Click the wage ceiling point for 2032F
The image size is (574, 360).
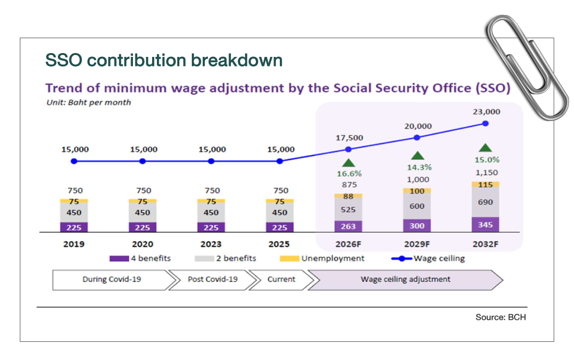click(486, 123)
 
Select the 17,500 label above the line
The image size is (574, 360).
click(348, 138)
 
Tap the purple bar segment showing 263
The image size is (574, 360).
click(348, 226)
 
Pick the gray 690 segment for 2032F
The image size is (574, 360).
click(486, 202)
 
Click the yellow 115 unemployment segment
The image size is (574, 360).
click(486, 185)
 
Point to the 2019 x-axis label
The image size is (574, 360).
click(74, 244)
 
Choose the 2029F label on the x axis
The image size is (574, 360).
click(417, 244)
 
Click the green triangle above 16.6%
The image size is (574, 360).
click(348, 163)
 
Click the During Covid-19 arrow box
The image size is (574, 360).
click(111, 279)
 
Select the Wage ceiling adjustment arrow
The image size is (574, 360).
click(405, 279)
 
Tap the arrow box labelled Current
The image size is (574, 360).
click(281, 279)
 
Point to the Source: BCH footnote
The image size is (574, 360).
click(500, 317)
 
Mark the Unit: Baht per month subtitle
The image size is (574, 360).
click(88, 102)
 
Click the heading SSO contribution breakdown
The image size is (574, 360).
click(164, 61)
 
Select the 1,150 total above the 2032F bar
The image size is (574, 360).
click(486, 173)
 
